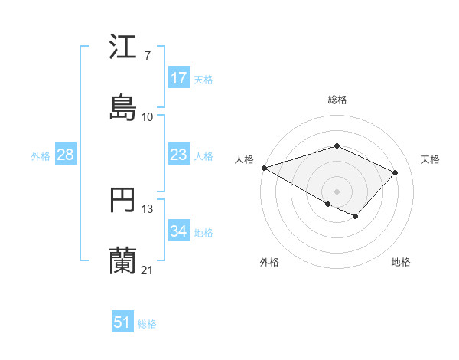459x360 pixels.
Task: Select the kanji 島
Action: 122,107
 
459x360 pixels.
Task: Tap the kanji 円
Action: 122,201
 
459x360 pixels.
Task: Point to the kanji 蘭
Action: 122,261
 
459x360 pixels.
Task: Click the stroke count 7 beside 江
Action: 147,55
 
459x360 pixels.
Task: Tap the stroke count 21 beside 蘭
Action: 147,270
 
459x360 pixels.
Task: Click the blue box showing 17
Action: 179,78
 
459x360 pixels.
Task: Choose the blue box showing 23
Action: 179,155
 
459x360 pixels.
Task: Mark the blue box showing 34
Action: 179,231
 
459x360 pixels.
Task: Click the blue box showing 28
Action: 66,155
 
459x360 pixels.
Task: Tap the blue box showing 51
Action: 122,322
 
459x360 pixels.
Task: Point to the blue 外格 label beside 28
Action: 41,155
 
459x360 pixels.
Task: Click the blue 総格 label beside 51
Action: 147,324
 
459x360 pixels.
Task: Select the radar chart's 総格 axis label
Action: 337,100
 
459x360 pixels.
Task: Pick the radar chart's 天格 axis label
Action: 430,159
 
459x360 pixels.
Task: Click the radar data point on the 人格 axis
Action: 264,168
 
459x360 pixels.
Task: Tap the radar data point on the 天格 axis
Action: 396,172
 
